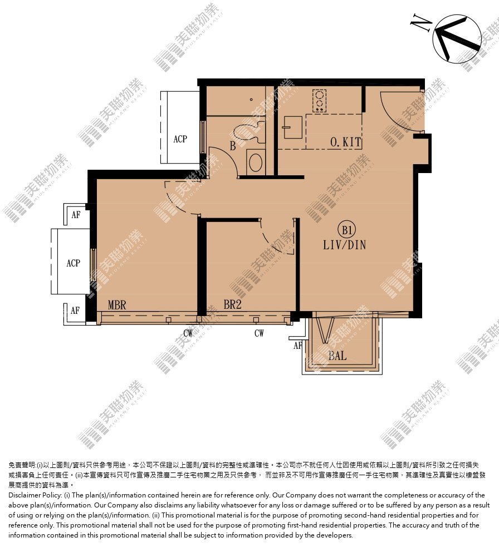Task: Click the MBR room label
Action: pyautogui.click(x=116, y=305)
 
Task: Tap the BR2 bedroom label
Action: pyautogui.click(x=233, y=304)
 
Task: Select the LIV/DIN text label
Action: pyautogui.click(x=345, y=245)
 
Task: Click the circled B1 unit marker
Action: pyautogui.click(x=347, y=230)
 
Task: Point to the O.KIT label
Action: pyautogui.click(x=345, y=142)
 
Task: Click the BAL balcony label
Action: pyautogui.click(x=337, y=356)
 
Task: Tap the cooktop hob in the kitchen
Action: pyautogui.click(x=319, y=101)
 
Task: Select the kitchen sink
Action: pyautogui.click(x=292, y=127)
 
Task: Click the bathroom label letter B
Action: pyautogui.click(x=233, y=146)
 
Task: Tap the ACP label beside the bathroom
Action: pyautogui.click(x=180, y=139)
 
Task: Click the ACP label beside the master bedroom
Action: pyautogui.click(x=74, y=263)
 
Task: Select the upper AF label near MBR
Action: pyautogui.click(x=76, y=215)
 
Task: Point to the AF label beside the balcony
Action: pyautogui.click(x=297, y=346)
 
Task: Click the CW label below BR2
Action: pyautogui.click(x=259, y=333)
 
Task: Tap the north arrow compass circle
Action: pyautogui.click(x=457, y=39)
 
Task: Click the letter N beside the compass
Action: pyautogui.click(x=421, y=23)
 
